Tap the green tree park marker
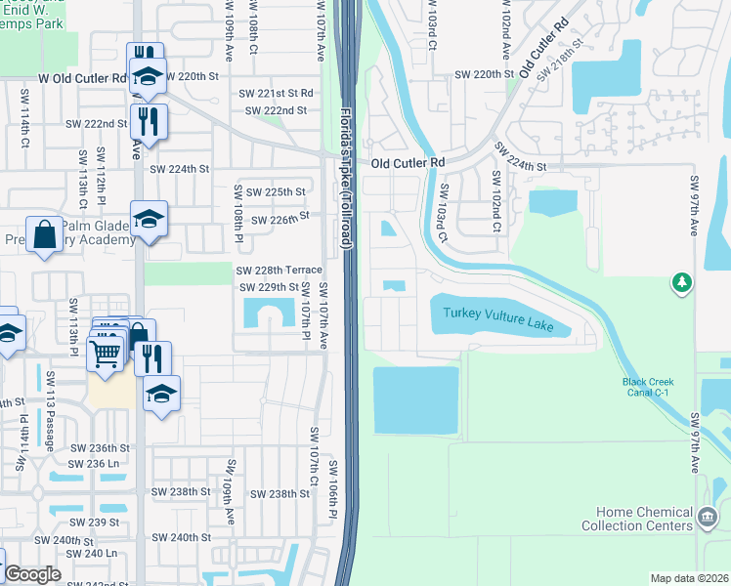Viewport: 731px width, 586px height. (682, 283)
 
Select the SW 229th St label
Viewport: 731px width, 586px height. (269, 287)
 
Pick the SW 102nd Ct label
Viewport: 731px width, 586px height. (496, 202)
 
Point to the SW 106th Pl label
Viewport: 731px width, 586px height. (332, 488)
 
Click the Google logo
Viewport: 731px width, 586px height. (32, 574)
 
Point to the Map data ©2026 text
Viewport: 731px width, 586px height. (689, 578)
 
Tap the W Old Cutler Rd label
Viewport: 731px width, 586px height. (82, 76)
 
